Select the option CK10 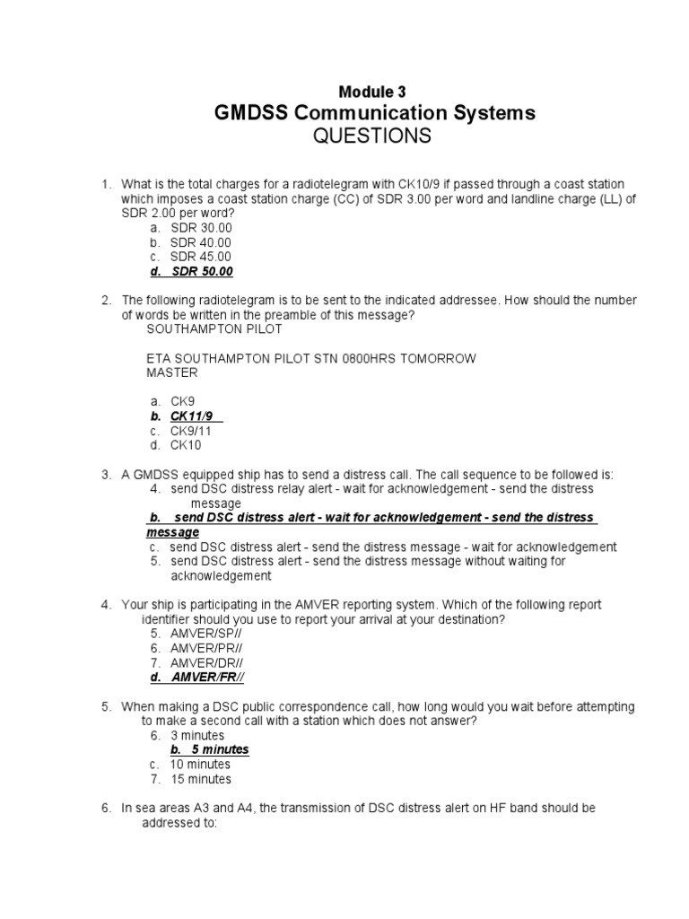coord(186,445)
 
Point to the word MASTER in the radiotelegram coord(170,372)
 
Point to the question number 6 coord(105,808)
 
